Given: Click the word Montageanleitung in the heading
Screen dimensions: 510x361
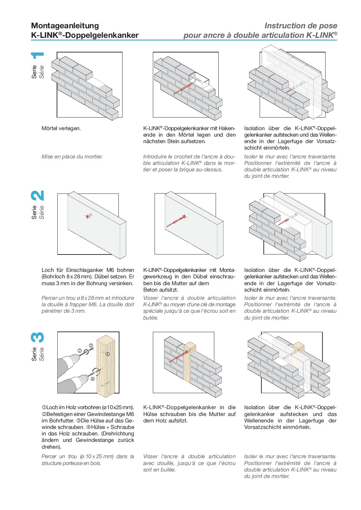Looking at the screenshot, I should (x=65, y=26).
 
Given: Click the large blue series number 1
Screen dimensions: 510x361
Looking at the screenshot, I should (x=38, y=55).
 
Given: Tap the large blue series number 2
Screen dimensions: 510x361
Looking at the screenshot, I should (x=38, y=196).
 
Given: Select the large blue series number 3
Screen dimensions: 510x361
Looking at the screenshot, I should (x=38, y=337).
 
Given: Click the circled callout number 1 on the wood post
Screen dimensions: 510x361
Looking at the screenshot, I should (x=107, y=354).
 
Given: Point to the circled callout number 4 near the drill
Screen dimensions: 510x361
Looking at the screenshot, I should (x=92, y=378).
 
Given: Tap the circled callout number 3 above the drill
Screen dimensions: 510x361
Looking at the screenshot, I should (x=91, y=345).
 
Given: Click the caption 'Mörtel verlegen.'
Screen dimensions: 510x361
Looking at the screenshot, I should (x=61, y=128).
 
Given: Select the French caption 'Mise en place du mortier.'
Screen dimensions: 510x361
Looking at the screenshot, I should (x=72, y=157).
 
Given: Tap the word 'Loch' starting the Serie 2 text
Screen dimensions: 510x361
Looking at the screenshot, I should (x=48, y=270).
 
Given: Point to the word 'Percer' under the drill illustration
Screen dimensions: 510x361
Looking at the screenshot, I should (x=49, y=457).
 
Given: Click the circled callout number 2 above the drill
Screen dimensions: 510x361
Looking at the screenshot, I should (x=80, y=350).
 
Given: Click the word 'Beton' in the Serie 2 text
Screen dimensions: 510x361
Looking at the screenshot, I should (x=150, y=290).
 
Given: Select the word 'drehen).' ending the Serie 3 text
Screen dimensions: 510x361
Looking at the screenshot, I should (x=51, y=447).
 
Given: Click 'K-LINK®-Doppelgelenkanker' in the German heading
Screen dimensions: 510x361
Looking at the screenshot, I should (x=85, y=35).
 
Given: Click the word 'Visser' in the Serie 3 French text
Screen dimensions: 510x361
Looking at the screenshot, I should (x=150, y=457).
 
